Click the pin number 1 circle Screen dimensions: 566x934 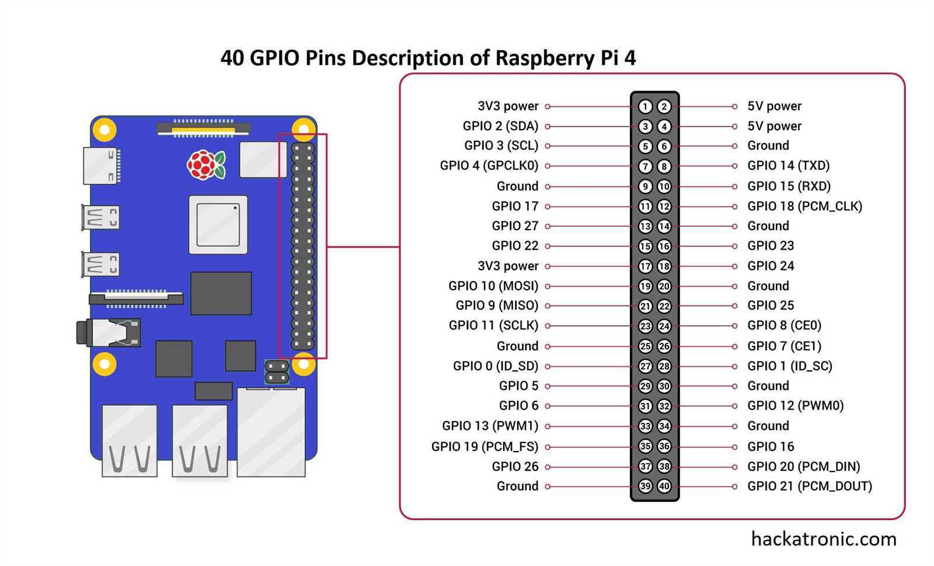[x=645, y=106]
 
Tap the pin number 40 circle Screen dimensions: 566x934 [x=664, y=486]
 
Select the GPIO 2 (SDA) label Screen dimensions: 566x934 [x=500, y=126]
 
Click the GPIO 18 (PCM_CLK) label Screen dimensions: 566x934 [x=804, y=206]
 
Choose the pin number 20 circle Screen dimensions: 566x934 [x=664, y=286]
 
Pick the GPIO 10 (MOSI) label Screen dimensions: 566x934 [x=493, y=286]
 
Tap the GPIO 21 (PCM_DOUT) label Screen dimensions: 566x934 [x=810, y=486]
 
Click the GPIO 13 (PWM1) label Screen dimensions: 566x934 [x=490, y=426]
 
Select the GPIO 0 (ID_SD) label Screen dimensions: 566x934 [x=496, y=366]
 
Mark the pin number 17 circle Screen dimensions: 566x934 [x=645, y=266]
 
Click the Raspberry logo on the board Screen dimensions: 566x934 [x=205, y=165]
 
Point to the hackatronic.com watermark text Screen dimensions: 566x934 [x=824, y=539]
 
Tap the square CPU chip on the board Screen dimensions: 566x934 [x=218, y=225]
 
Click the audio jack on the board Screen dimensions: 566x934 [x=109, y=332]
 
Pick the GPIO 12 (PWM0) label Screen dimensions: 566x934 [x=795, y=406]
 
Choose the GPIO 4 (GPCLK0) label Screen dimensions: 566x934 [x=489, y=166]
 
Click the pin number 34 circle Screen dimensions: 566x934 [x=664, y=426]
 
